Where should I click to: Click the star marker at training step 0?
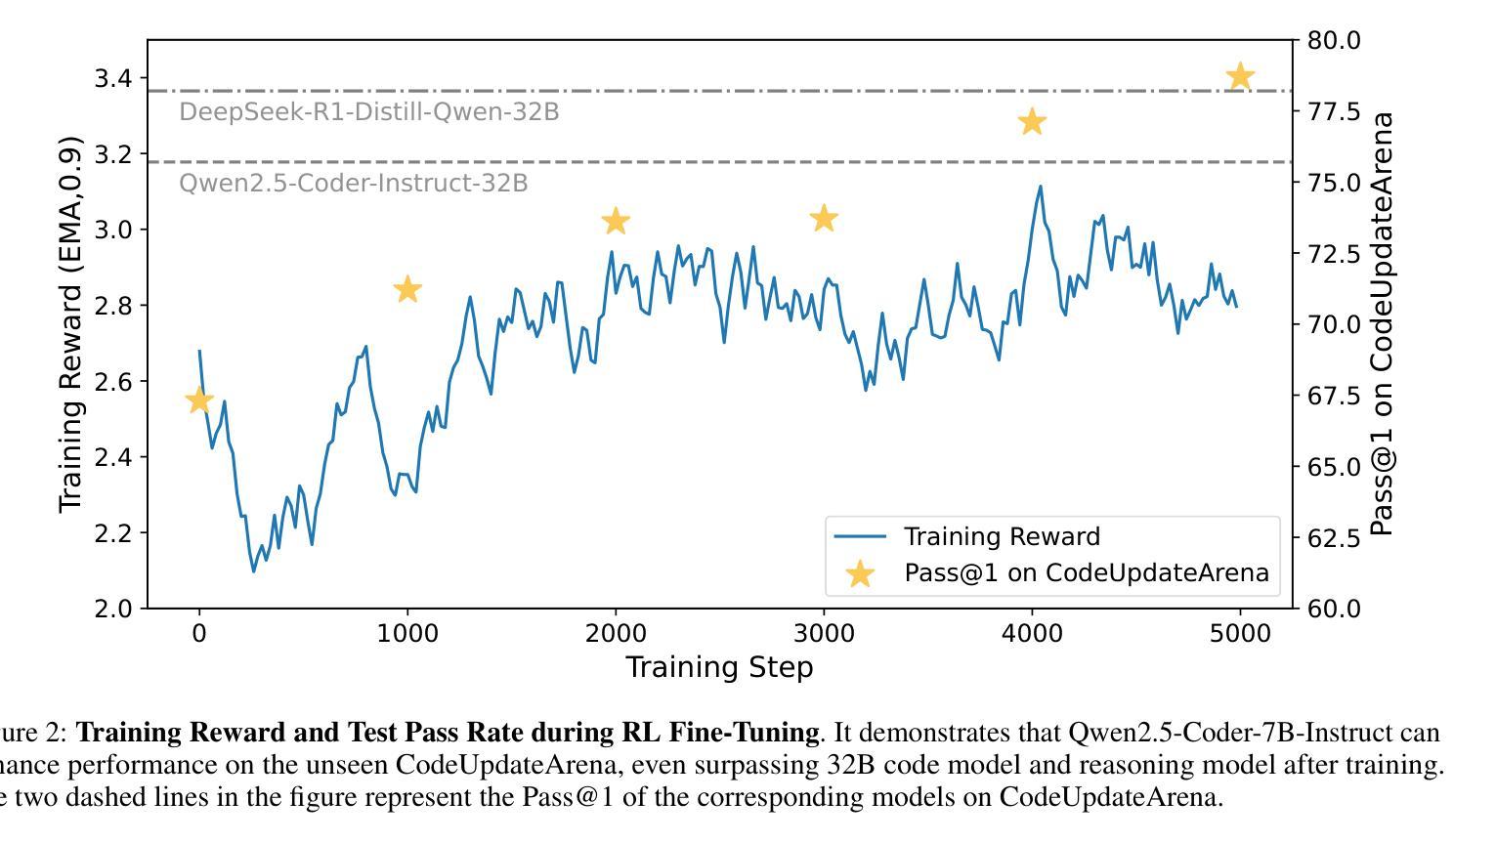(199, 400)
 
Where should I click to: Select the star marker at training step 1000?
(407, 289)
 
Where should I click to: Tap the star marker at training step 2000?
(616, 221)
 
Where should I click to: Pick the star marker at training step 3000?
(824, 218)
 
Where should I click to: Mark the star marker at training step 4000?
(1032, 122)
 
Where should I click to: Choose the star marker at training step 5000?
(1240, 76)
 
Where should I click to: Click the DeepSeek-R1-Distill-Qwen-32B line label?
(368, 112)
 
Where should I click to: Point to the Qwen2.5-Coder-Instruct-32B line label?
(353, 184)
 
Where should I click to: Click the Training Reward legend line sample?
(859, 537)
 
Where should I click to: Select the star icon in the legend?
(859, 573)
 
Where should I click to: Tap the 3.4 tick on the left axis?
(113, 78)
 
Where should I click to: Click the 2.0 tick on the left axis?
(113, 609)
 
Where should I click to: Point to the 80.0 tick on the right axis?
(1332, 40)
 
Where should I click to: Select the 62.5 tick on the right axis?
(1332, 537)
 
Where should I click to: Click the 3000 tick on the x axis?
(824, 634)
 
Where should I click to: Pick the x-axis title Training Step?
(719, 667)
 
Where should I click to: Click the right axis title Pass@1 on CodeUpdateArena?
(1381, 324)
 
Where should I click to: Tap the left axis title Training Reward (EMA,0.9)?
(70, 324)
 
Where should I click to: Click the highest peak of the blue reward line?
(1040, 187)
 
